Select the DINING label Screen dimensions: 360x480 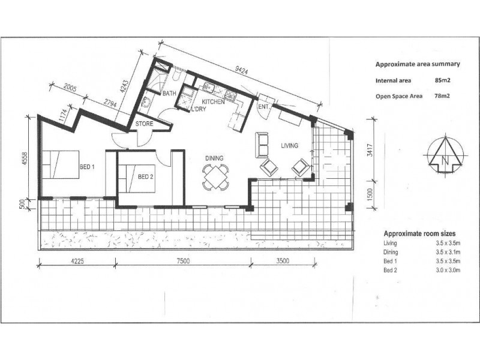[x=214, y=158]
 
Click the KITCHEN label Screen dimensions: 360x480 [x=213, y=103]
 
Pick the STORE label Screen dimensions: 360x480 [x=144, y=124]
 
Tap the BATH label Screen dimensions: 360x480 [x=169, y=94]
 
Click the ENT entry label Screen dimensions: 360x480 [x=263, y=107]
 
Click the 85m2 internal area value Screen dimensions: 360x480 [x=443, y=79]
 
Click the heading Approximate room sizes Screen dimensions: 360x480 [x=419, y=233]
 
